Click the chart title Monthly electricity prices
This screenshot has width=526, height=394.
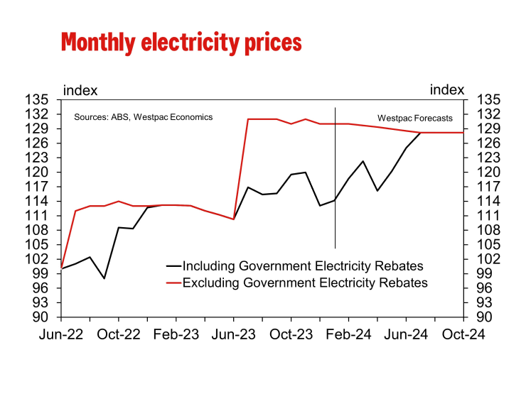[181, 42]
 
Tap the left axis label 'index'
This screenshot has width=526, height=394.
[80, 90]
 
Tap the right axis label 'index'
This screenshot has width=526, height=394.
[447, 90]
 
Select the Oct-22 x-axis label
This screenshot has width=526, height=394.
[119, 335]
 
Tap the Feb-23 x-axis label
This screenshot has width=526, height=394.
[176, 335]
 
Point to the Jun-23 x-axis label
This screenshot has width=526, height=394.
[234, 335]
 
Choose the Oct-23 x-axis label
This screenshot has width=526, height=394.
[291, 335]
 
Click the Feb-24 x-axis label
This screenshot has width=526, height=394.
[348, 335]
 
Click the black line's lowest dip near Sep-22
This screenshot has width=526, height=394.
[104, 278]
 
